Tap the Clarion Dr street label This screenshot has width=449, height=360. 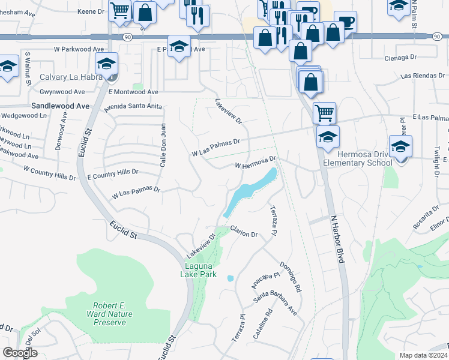(x=244, y=231)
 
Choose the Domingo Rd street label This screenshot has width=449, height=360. (x=290, y=277)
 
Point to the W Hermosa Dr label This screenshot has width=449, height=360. (x=255, y=163)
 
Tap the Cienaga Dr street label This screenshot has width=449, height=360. (x=400, y=58)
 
